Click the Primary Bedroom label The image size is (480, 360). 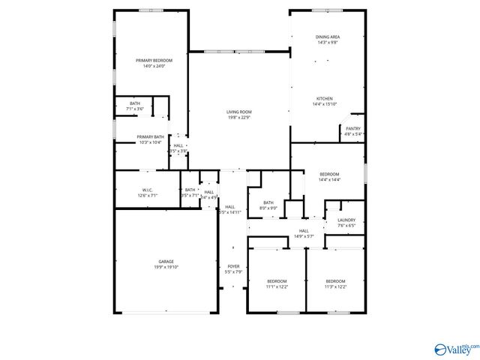pyautogui.click(x=154, y=60)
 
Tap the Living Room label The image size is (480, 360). pyautogui.click(x=238, y=112)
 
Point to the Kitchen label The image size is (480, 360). pyautogui.click(x=324, y=98)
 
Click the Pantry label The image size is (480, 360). pyautogui.click(x=352, y=129)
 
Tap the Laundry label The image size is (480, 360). pyautogui.click(x=346, y=220)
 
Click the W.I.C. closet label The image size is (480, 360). pyautogui.click(x=147, y=190)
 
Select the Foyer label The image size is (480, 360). pyautogui.click(x=233, y=266)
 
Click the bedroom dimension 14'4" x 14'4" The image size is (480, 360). pyautogui.click(x=329, y=180)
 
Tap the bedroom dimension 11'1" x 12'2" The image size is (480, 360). pyautogui.click(x=277, y=286)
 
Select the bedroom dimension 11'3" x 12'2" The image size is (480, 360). pyautogui.click(x=334, y=286)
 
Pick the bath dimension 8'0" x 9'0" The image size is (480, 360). pyautogui.click(x=268, y=208)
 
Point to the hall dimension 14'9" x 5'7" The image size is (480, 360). pyautogui.click(x=304, y=236)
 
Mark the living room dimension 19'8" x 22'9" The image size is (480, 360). pyautogui.click(x=238, y=117)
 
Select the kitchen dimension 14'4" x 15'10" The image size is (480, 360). pyautogui.click(x=324, y=103)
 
